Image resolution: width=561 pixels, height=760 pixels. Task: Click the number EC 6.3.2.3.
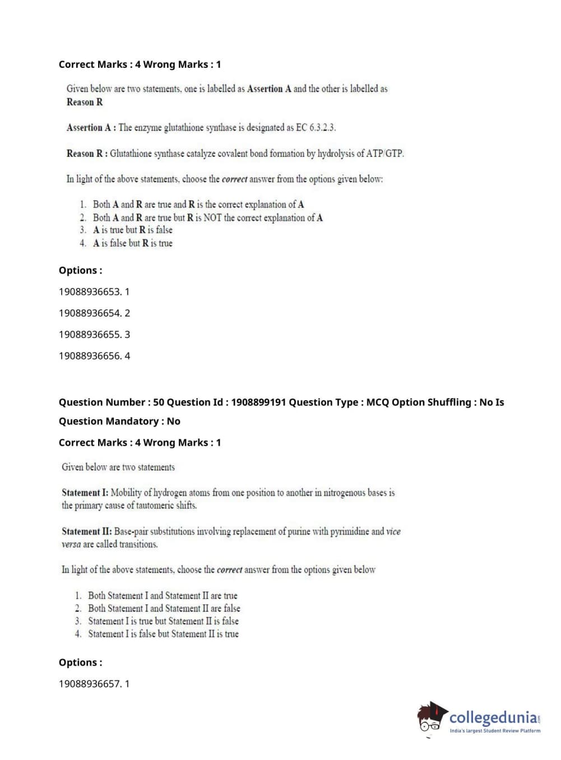tap(316, 128)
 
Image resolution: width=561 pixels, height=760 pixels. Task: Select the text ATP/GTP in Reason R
tap(384, 154)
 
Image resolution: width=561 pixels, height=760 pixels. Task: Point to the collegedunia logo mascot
tap(432, 718)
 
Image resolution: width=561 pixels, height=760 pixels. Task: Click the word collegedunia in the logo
tap(493, 717)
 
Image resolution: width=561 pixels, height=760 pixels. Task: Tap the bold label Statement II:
tap(86, 531)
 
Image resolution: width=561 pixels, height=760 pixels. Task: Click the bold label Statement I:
tap(85, 493)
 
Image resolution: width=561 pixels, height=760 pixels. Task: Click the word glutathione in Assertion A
tap(184, 128)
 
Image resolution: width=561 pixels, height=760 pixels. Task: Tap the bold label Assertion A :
tap(91, 128)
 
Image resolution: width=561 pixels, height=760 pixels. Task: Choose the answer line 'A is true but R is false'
tap(133, 230)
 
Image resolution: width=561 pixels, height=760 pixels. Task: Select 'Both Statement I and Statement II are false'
tap(164, 608)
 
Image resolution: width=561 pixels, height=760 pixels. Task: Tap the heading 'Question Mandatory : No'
tap(119, 421)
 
